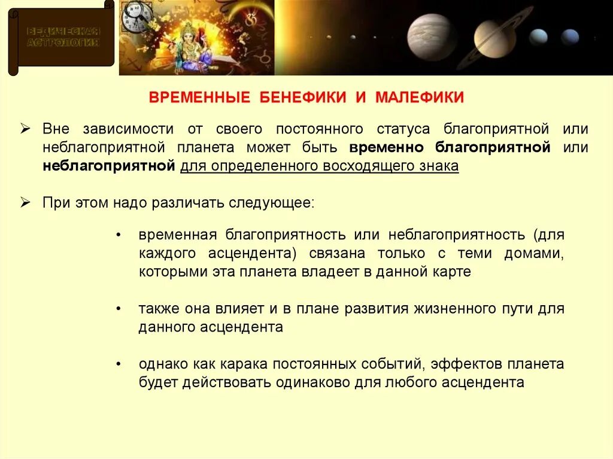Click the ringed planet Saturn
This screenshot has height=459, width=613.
coord(494,38)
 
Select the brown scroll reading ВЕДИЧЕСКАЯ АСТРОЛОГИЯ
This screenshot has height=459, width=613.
coord(62,38)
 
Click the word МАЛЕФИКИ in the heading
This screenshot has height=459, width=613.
coord(420,98)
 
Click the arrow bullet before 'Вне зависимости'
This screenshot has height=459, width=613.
coord(25,129)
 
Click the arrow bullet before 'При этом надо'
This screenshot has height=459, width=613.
coord(25,203)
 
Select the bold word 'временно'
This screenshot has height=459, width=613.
coord(387,147)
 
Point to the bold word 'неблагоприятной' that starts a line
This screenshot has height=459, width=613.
coord(108,166)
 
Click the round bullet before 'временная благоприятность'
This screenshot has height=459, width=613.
coord(120,235)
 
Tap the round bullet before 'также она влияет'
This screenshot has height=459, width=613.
coord(120,309)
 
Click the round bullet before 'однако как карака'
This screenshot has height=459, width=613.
coord(120,364)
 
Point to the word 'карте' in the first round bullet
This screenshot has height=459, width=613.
coord(454,272)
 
